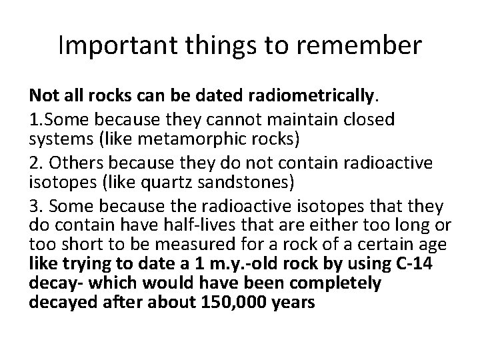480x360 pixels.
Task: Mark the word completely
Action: pyautogui.click(x=334, y=284)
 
